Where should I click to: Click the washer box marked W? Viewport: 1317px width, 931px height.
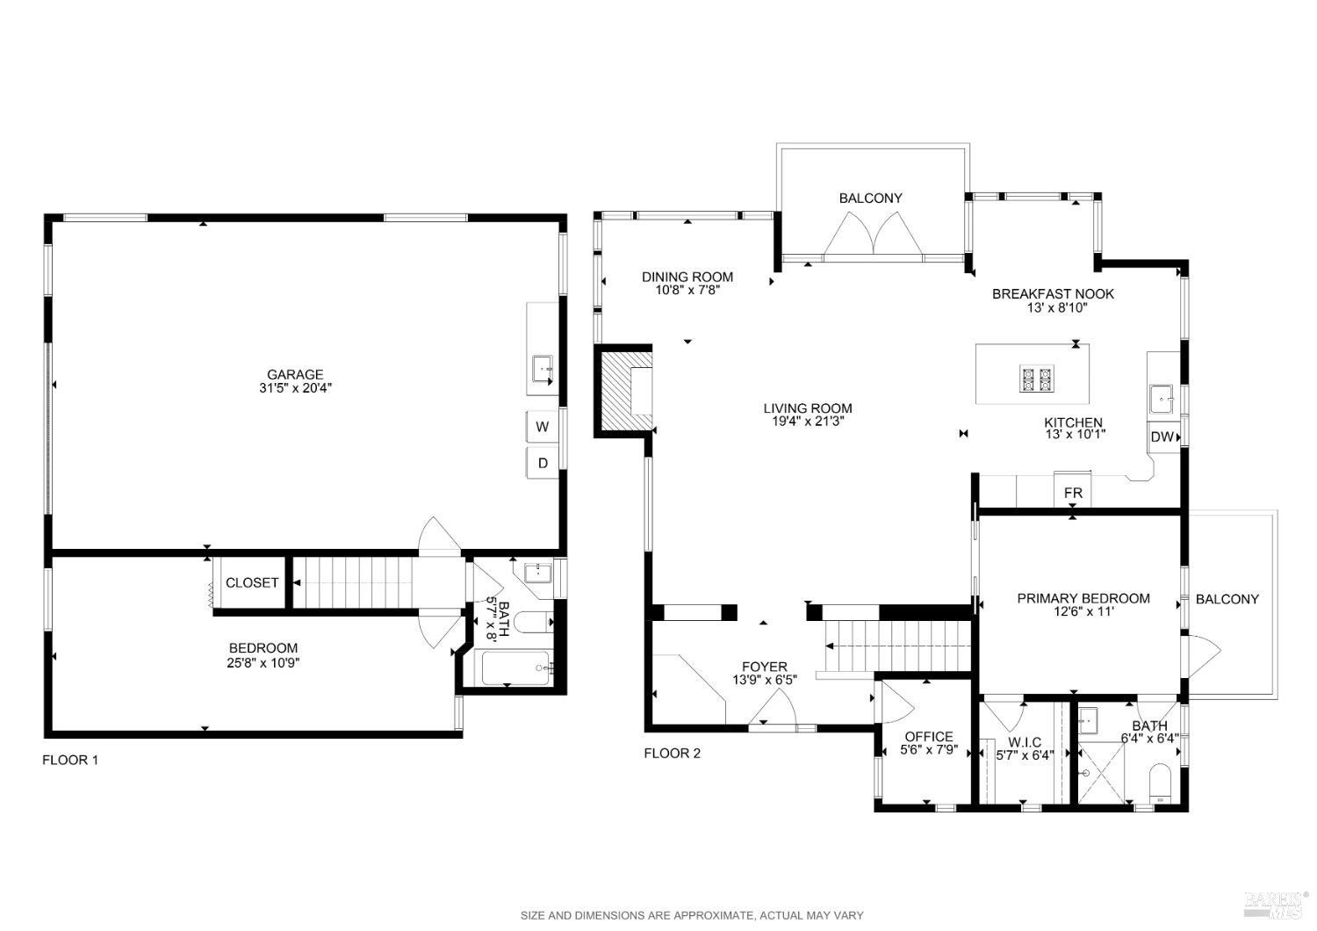pyautogui.click(x=543, y=427)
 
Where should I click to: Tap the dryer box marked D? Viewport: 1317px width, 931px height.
pyautogui.click(x=543, y=463)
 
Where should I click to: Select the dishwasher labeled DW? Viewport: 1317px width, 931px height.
pyautogui.click(x=1161, y=437)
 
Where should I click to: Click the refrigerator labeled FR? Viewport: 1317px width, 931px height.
pyautogui.click(x=1073, y=493)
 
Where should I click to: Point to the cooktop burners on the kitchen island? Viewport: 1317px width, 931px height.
pyautogui.click(x=1035, y=379)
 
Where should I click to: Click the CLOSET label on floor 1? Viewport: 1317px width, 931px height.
pyautogui.click(x=252, y=582)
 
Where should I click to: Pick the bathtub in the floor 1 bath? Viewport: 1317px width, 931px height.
pyautogui.click(x=516, y=668)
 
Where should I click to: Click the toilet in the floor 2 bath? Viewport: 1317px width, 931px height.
pyautogui.click(x=1160, y=783)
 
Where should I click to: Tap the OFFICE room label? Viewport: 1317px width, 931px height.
pyautogui.click(x=928, y=737)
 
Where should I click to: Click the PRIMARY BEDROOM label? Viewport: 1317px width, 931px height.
pyautogui.click(x=1083, y=598)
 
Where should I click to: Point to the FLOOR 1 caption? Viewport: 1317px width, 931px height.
pyautogui.click(x=70, y=760)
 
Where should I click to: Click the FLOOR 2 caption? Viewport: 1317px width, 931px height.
pyautogui.click(x=672, y=753)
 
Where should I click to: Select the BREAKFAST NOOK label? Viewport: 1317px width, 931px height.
pyautogui.click(x=1053, y=294)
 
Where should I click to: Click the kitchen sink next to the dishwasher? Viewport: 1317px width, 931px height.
pyautogui.click(x=1162, y=399)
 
